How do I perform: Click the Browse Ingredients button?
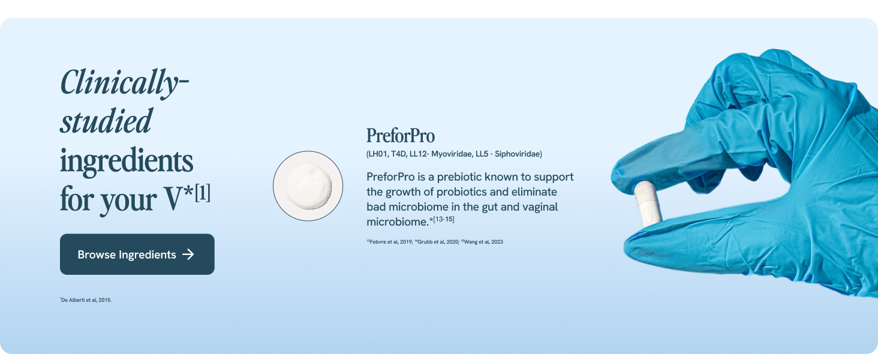pos(137,254)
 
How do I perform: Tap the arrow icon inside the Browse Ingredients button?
pos(188,254)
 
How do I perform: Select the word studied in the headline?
pos(106,121)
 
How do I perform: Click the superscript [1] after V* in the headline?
pos(202,195)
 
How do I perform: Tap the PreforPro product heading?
pos(400,136)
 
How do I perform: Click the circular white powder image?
pos(308,185)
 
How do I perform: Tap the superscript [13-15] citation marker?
pos(444,220)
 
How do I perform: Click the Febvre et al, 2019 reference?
pos(390,242)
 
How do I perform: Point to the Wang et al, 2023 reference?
pos(483,242)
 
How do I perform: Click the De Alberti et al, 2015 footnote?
pos(86,300)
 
